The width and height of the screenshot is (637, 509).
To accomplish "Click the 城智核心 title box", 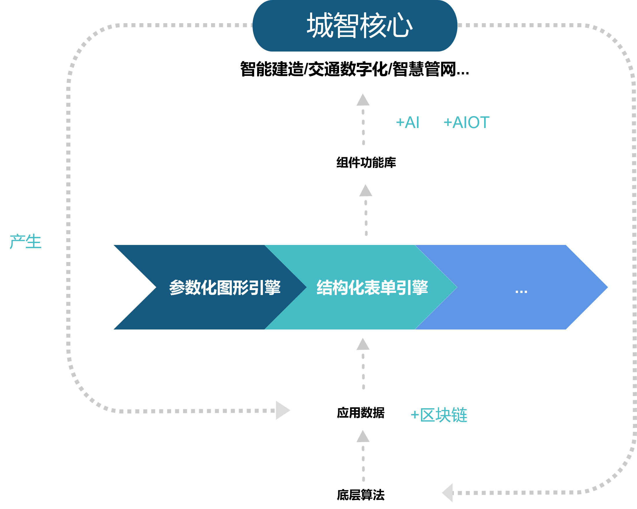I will click(354, 25).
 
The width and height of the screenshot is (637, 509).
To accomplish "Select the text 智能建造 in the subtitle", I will click(272, 69).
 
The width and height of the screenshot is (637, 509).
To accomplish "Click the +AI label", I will click(407, 122).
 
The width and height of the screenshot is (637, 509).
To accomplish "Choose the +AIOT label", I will click(466, 122).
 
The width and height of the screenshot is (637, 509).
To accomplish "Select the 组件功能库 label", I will click(366, 163).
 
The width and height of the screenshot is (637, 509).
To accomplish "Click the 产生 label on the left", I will click(25, 241).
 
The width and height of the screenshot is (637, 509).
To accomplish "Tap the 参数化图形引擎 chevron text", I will click(225, 288).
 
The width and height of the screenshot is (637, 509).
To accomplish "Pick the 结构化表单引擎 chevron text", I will click(372, 288).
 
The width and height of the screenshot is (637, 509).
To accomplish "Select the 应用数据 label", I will click(360, 413).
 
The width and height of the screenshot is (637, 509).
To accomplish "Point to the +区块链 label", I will click(439, 415).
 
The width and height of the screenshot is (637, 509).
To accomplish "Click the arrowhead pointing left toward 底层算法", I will click(448, 493).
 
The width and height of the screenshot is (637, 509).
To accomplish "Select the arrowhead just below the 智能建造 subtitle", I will click(363, 100).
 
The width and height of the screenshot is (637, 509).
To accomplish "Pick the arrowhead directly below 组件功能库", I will click(365, 191).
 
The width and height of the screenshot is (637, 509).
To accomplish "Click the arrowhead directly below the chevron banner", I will click(363, 345).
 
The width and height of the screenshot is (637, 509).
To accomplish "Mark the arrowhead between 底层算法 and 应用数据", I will click(363, 437).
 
